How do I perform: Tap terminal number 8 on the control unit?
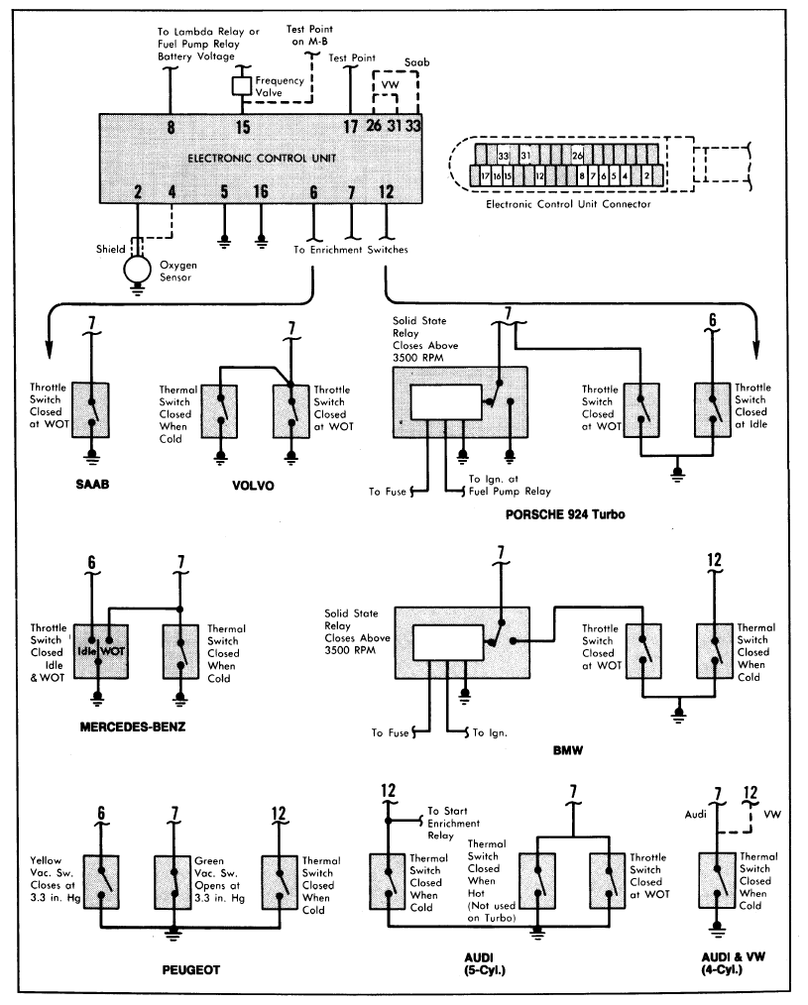pos(171,126)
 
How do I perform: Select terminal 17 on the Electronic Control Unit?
pos(350,126)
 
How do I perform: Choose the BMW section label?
pos(567,751)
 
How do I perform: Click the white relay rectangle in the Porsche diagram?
pos(443,402)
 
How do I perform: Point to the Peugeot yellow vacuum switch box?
pos(101,882)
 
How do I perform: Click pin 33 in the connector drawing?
pos(504,155)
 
